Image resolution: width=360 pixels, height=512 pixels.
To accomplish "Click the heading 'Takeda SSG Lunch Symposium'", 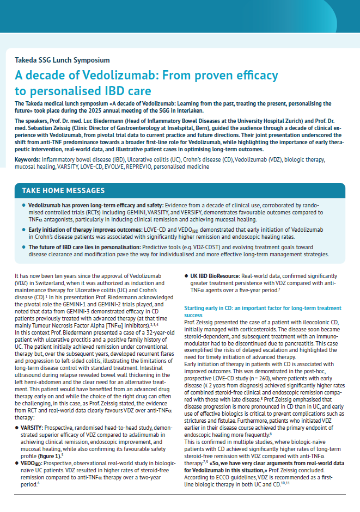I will (62, 60).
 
